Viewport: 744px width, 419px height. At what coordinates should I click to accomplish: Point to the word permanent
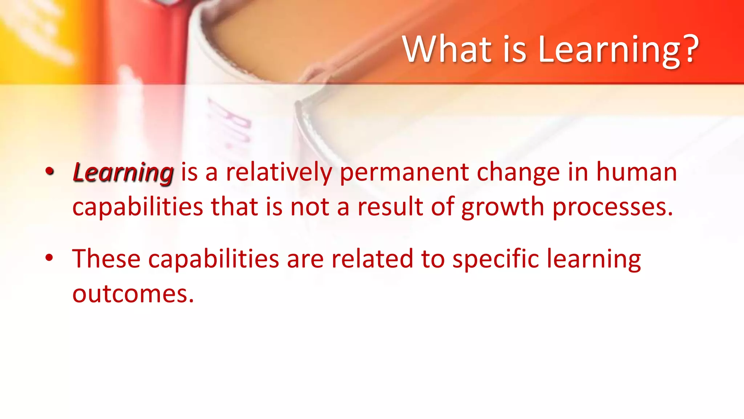point(404,173)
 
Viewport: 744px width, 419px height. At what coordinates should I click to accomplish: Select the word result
point(390,207)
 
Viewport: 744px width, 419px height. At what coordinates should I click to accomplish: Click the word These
point(106,259)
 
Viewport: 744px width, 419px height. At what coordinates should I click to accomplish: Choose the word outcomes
point(133,294)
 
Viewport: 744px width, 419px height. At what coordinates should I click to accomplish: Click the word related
point(372,259)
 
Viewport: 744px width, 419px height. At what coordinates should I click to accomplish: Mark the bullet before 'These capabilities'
point(49,258)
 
